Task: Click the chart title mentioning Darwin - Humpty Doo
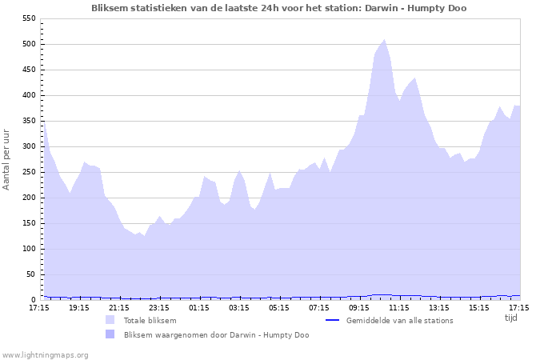pos(279,8)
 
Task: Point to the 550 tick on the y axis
pos(29,18)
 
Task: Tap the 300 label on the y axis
pos(29,146)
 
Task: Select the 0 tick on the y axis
pos(34,300)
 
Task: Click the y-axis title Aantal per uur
pos(7,158)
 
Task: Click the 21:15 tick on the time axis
pos(119,307)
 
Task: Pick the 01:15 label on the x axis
pos(199,307)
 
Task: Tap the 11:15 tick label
pos(399,307)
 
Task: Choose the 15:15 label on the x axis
pos(479,307)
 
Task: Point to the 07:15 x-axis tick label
pos(319,307)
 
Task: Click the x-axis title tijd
pos(511,318)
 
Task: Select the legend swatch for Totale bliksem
pos(110,320)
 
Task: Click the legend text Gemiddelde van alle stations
pos(399,320)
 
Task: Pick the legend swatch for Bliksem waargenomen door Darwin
pos(110,334)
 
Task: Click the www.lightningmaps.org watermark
pos(45,354)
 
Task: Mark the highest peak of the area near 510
pos(385,39)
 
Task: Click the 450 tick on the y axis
pos(29,70)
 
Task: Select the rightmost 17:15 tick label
pos(519,307)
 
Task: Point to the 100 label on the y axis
pos(29,249)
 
